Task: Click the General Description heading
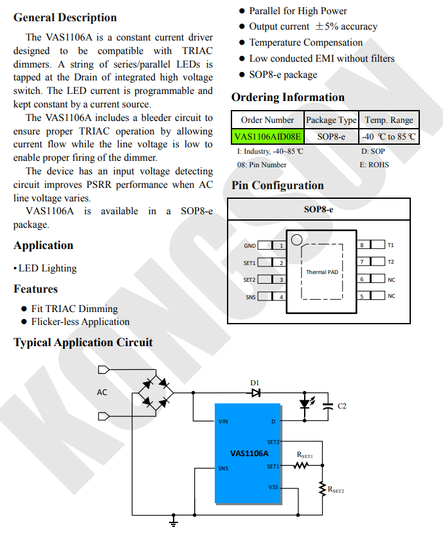pos(65,17)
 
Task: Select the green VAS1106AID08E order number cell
pos(267,136)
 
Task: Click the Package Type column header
pos(330,120)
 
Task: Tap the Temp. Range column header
pos(389,120)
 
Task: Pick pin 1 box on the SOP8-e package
pos(280,245)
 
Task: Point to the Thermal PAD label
pos(321,272)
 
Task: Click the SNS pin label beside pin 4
pos(250,297)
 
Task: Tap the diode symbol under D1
pos(256,393)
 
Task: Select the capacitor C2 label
pos(342,406)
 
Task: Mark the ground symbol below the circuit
pos(173,521)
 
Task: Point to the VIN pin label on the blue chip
pos(223,421)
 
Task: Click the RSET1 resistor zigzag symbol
pos(302,466)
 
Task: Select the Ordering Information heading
pos(288,97)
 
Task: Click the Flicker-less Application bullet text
pos(80,322)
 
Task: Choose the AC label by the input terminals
pos(102,392)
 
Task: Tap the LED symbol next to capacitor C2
pos(306,404)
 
